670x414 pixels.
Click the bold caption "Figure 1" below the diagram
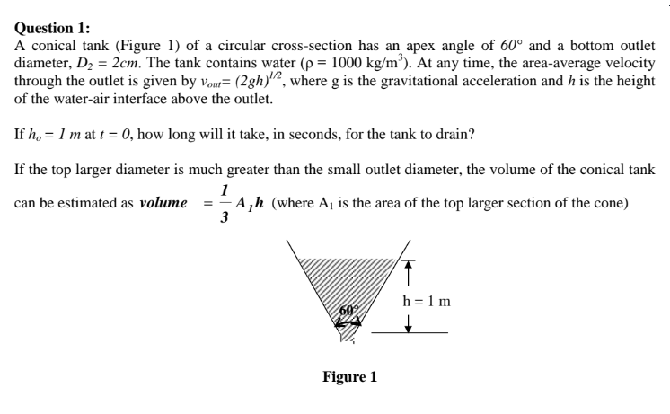point(349,376)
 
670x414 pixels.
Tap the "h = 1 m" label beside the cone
point(428,299)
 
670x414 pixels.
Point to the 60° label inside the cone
point(346,311)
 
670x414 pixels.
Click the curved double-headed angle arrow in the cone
point(348,322)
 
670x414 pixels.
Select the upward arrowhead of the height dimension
point(408,265)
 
